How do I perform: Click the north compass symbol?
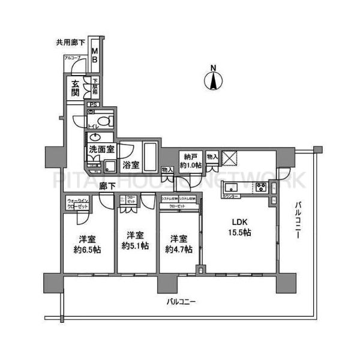pos(213,79)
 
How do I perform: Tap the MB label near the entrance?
pos(94,55)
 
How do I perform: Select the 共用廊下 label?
pos(70,43)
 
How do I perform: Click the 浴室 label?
pos(131,163)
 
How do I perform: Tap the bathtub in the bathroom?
pos(151,157)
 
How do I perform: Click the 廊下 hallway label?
pos(108,186)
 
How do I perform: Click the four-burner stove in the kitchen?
pos(262,187)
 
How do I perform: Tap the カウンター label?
pos(231,197)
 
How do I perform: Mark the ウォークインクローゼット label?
pos(78,203)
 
